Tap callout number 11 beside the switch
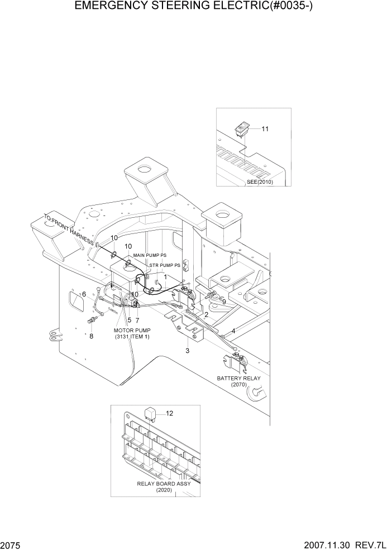coord(265,129)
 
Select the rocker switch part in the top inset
coord(241,130)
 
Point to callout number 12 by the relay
coord(170,413)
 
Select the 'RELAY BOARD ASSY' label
coord(164,484)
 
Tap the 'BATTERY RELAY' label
coord(238,378)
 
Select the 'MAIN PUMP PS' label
coord(150,255)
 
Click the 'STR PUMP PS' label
coord(164,265)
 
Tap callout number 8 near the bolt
coord(92,336)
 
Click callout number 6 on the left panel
coord(84,294)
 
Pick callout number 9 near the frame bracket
coord(223,302)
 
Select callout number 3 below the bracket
coord(188,351)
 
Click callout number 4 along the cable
coord(233,331)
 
